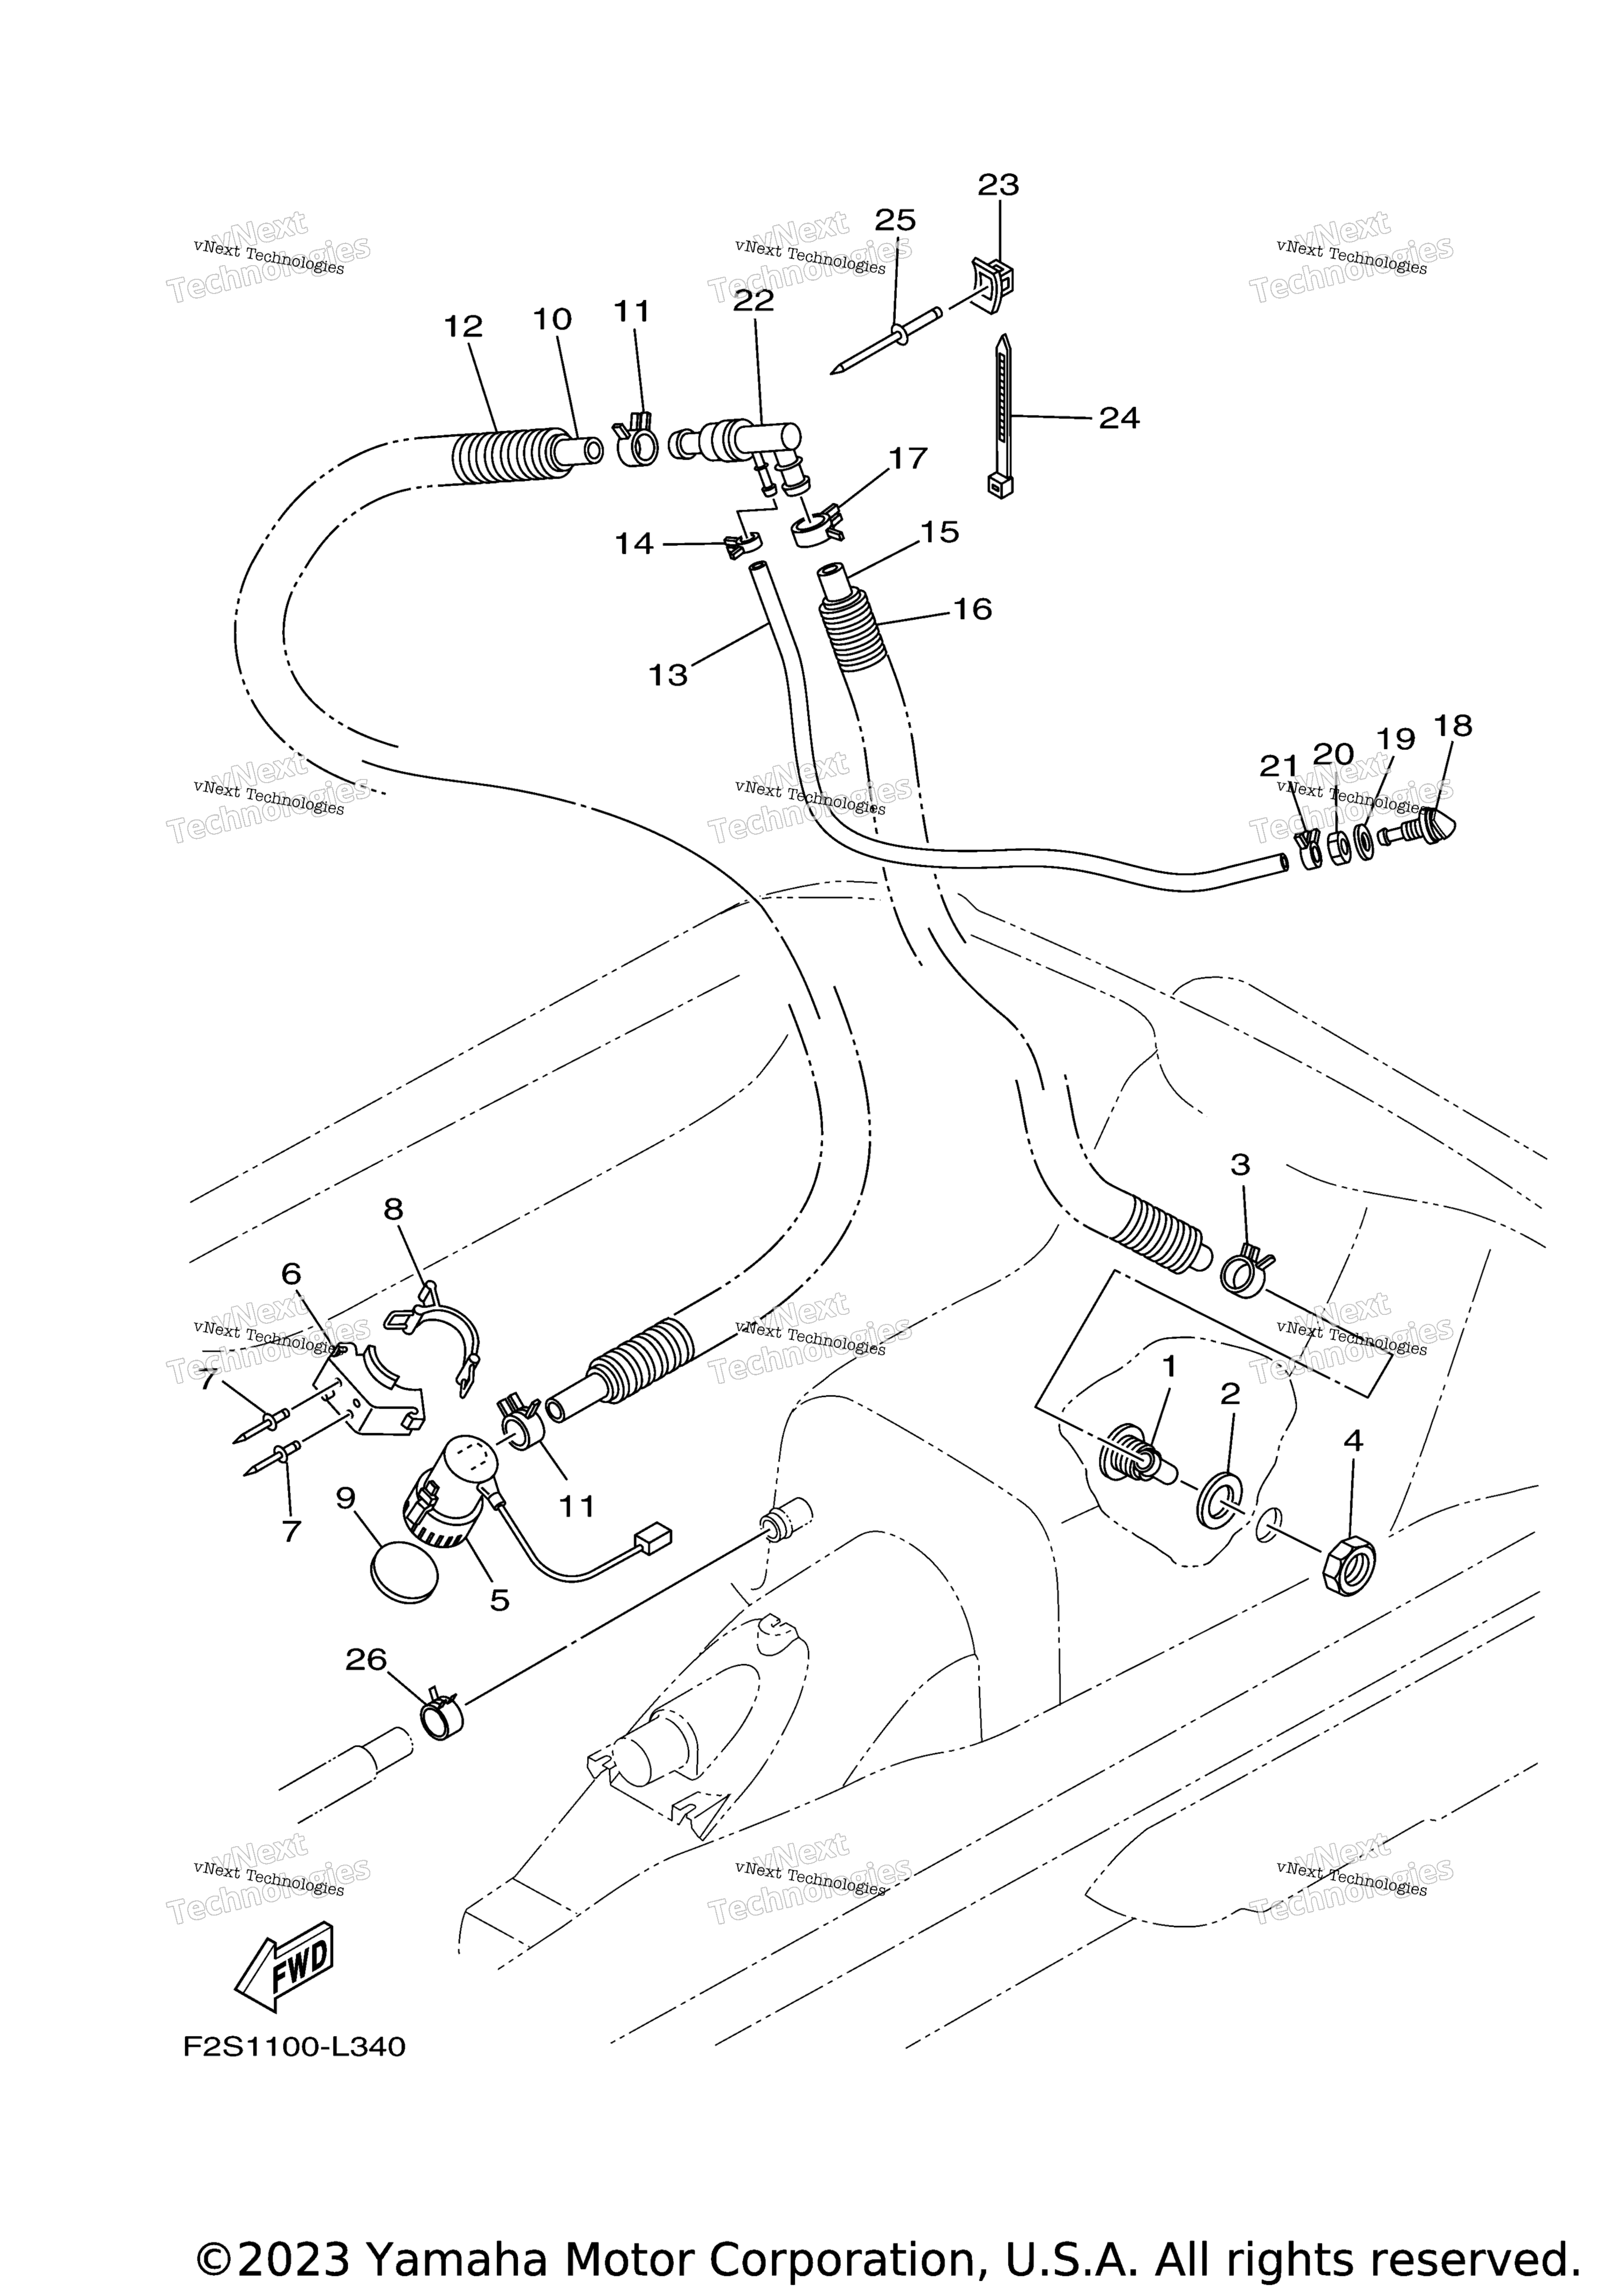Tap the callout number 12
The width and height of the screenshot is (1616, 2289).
(463, 326)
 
